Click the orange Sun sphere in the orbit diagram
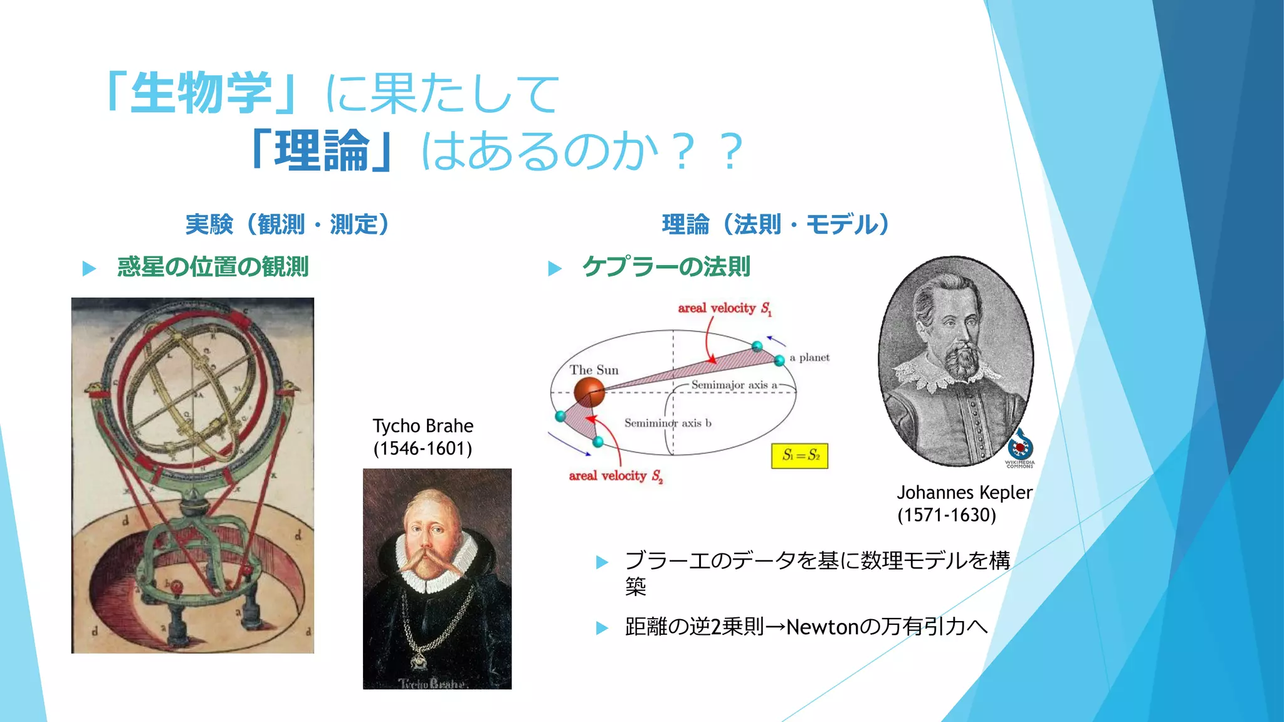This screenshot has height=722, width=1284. [x=589, y=392]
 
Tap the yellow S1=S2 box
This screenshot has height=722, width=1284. [x=799, y=456]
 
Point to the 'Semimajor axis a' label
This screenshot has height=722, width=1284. [x=734, y=385]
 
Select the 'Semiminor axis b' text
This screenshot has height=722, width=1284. [x=667, y=423]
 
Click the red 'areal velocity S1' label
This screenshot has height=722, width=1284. [x=724, y=308]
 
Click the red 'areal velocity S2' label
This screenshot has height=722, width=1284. [x=615, y=476]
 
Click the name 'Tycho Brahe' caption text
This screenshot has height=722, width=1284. [x=423, y=426]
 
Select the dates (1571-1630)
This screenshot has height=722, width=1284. [x=946, y=515]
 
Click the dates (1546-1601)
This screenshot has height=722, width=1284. [x=423, y=449]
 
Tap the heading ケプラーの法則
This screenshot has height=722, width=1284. [x=666, y=267]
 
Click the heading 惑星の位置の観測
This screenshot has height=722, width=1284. [x=213, y=267]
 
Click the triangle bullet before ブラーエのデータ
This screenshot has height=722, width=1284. [x=602, y=562]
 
